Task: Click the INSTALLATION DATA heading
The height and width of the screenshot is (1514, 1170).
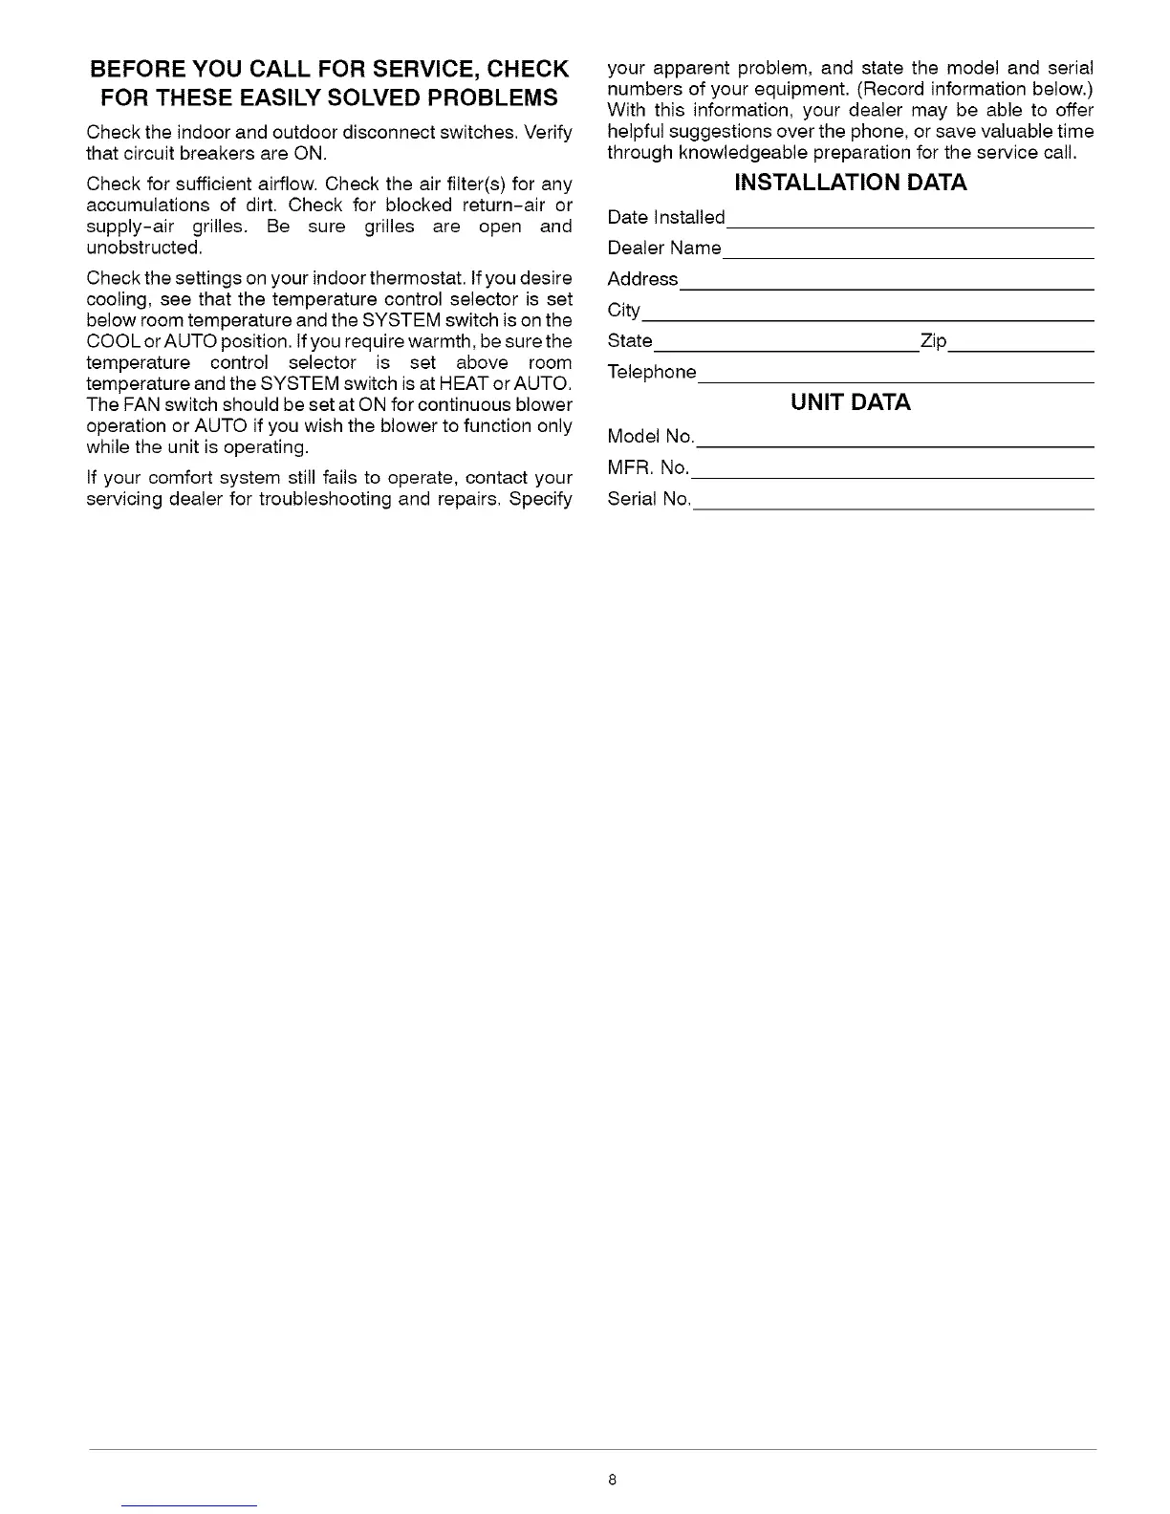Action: point(850,183)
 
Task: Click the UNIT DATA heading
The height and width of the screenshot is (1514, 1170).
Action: point(850,402)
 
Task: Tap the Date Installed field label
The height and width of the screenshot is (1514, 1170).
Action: point(666,218)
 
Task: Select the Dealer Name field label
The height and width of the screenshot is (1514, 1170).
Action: point(664,249)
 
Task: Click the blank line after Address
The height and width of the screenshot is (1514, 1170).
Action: point(885,288)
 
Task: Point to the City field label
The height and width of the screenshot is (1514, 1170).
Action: point(623,311)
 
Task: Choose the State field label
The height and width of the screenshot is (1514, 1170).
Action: point(630,341)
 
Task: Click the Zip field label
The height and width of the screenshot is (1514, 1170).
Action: point(933,341)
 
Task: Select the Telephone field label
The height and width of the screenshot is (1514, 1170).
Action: point(652,372)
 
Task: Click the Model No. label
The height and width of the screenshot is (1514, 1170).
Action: point(651,437)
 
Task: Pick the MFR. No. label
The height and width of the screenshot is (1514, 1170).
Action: point(648,467)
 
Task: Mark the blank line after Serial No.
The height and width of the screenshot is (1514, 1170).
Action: point(893,508)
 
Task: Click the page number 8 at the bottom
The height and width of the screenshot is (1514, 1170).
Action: point(612,1481)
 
